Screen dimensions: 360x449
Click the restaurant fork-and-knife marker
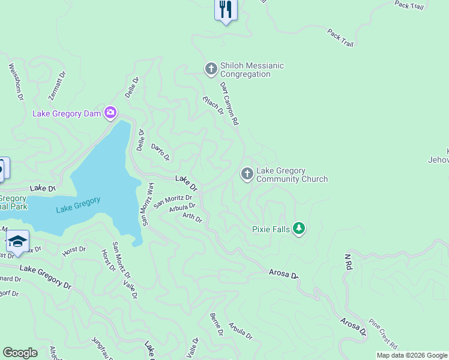226,10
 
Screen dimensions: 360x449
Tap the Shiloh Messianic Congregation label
252,70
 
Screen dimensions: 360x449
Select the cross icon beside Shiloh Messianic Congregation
211,69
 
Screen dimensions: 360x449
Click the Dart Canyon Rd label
229,104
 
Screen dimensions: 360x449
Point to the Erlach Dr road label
213,105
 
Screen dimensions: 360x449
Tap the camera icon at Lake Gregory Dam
110,112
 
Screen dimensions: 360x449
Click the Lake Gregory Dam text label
67,113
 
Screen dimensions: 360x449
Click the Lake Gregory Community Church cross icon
247,174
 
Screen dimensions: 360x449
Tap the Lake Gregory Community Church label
292,175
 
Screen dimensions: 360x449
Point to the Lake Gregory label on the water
78,205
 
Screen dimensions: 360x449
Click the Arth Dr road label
193,218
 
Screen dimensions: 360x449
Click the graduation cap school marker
17,241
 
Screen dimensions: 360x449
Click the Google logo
20,353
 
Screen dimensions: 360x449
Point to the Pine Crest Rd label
383,334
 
